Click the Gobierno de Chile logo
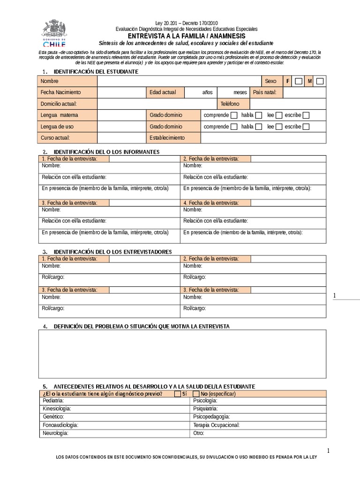[x=54, y=32]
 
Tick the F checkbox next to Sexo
[x=299, y=81]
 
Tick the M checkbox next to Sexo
[x=320, y=81]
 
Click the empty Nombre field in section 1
[x=178, y=81]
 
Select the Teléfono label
[x=230, y=104]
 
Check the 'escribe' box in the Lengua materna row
[x=306, y=115]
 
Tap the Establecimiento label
[x=167, y=138]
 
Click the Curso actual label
[x=55, y=138]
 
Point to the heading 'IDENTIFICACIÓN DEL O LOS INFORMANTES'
[x=107, y=152]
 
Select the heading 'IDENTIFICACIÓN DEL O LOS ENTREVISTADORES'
[x=113, y=252]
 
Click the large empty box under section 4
[x=182, y=354]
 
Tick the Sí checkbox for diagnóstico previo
[x=177, y=394]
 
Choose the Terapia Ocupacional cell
[x=216, y=425]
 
